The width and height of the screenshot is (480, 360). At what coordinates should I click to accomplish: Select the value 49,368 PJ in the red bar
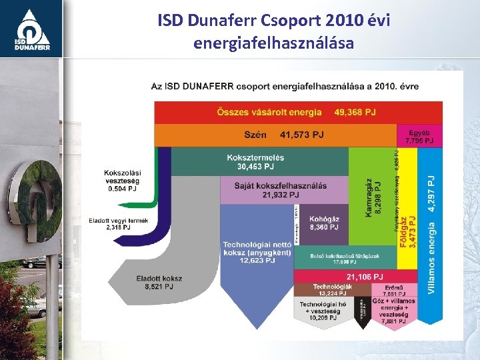(355, 112)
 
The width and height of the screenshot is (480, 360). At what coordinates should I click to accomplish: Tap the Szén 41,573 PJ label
(284, 135)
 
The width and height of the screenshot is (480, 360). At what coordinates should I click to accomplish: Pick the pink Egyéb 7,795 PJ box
(420, 137)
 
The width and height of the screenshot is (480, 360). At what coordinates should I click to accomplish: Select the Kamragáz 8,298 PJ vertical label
(373, 197)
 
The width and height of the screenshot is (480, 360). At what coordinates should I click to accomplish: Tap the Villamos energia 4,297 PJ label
(431, 235)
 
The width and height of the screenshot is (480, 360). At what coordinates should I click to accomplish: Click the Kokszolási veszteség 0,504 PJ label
(121, 181)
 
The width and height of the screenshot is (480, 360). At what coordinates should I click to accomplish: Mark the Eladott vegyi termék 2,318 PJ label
(118, 223)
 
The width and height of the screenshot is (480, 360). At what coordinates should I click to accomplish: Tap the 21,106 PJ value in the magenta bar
(365, 277)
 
